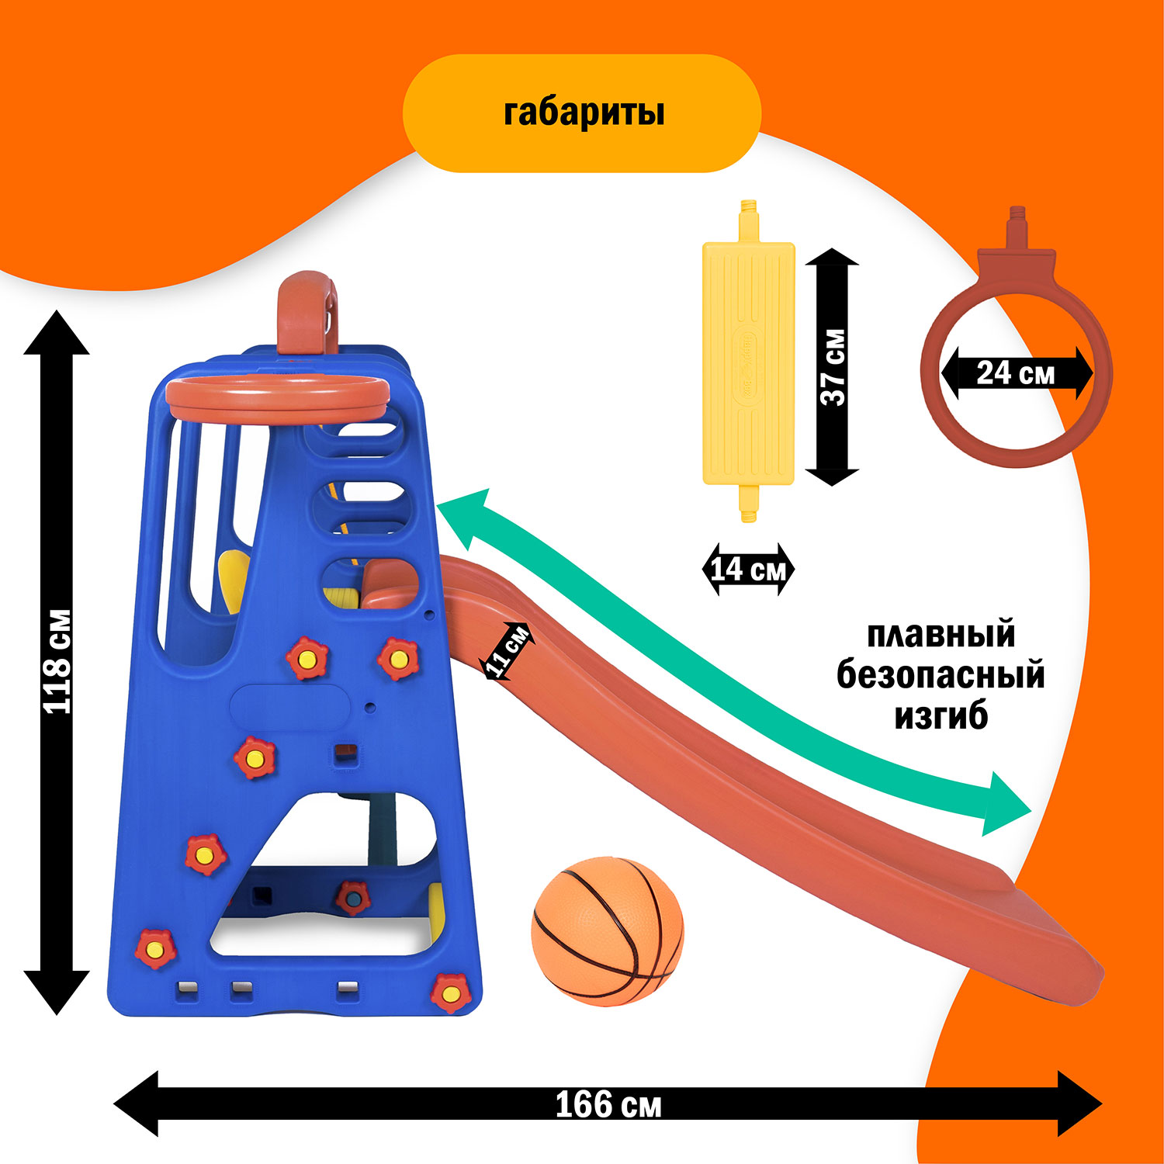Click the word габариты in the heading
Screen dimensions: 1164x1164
coord(584,113)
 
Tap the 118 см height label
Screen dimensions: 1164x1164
coord(57,662)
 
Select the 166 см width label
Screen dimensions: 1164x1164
coord(608,1104)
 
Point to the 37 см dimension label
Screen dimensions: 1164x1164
coord(833,367)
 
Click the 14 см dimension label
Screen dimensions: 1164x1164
coord(748,570)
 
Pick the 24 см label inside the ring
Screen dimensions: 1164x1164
coord(1016,374)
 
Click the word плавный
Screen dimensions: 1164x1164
coord(941,635)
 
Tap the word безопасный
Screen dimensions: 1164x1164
coord(941,675)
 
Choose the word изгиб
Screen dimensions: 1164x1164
coord(941,715)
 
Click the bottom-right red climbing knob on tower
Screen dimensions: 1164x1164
coord(449,992)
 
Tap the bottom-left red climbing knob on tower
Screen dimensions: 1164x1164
coord(155,947)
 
